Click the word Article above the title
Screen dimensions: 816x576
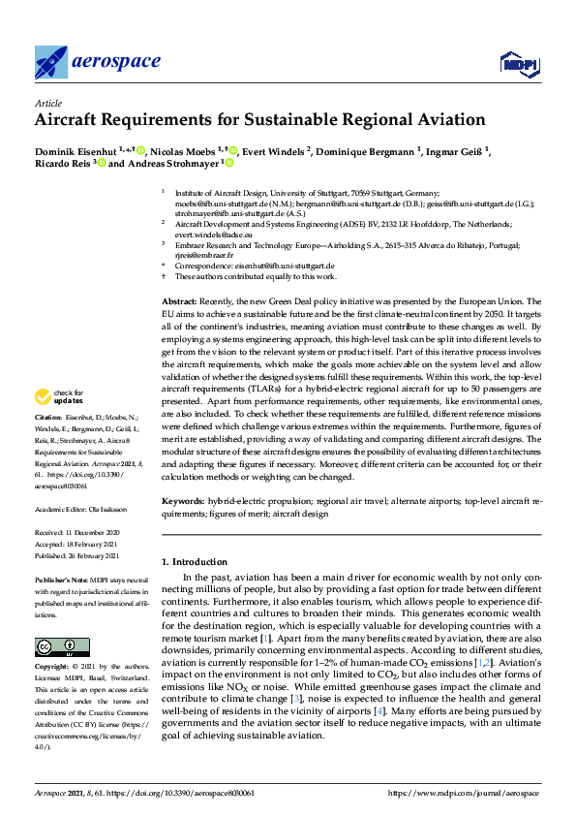[x=47, y=102]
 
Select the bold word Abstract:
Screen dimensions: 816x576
[x=180, y=302]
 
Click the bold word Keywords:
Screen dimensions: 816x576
[x=183, y=501]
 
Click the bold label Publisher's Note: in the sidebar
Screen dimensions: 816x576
[x=61, y=578]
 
